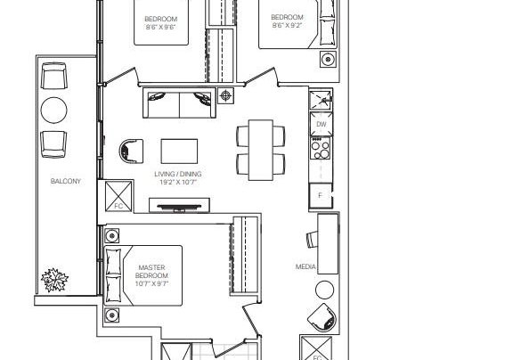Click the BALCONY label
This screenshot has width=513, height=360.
65,181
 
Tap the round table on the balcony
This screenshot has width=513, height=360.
54,110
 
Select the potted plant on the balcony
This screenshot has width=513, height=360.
54,280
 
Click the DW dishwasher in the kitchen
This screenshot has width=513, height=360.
322,124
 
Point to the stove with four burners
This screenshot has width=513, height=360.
321,148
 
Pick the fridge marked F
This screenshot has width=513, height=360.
321,195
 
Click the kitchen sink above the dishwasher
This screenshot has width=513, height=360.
321,100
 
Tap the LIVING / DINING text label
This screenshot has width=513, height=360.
178,174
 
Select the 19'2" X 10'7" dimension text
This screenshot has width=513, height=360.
178,183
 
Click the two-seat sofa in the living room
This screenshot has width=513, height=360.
179,102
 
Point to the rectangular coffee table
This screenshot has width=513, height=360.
179,151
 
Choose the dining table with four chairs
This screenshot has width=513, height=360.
261,150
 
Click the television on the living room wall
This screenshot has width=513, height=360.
179,207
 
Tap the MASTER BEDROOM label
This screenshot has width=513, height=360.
151,271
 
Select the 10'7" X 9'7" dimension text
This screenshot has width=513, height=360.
151,283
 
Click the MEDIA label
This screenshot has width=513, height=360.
305,266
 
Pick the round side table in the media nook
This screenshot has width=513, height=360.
324,290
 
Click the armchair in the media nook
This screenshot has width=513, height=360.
322,318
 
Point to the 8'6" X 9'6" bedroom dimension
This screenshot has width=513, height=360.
160,27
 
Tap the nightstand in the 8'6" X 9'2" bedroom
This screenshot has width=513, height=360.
328,60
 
